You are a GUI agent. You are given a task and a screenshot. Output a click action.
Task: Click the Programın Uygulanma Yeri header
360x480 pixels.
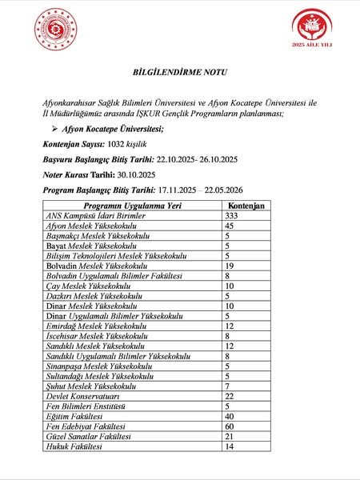(119, 206)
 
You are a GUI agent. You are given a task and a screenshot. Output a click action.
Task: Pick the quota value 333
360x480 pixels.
(232, 216)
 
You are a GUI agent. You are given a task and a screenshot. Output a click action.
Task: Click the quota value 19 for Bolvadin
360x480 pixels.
(230, 266)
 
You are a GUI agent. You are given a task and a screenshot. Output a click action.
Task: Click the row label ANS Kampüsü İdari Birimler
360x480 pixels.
(98, 216)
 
